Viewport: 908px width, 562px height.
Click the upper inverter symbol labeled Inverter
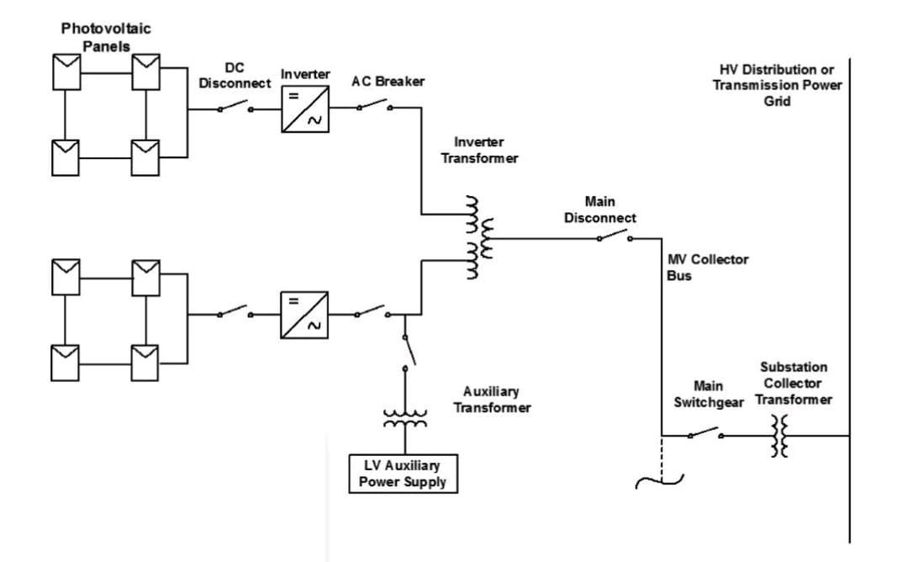[x=304, y=108]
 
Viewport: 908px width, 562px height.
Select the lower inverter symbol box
[x=304, y=315]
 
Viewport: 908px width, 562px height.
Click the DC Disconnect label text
[x=235, y=76]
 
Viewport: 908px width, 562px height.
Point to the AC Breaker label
[x=388, y=82]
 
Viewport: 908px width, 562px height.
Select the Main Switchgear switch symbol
[x=705, y=434]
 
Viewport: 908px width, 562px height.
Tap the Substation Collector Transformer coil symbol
[x=780, y=436]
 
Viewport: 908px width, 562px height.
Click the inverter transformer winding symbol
[x=476, y=238]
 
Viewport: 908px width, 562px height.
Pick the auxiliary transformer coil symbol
[x=404, y=418]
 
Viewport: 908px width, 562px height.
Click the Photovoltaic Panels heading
[x=106, y=37]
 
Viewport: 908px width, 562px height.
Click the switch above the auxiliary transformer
[x=406, y=350]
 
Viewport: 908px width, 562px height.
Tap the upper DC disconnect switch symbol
[x=235, y=107]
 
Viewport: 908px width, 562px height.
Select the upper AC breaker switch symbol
[x=372, y=106]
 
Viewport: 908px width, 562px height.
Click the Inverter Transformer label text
[x=486, y=151]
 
